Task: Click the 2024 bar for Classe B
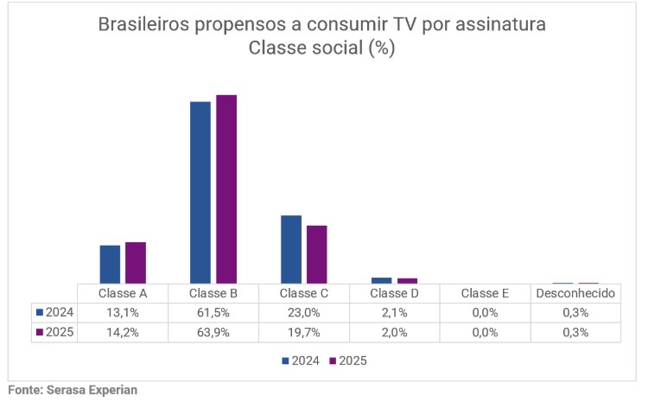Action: [200, 192]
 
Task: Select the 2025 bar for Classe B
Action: [226, 189]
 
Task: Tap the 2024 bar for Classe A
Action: [110, 264]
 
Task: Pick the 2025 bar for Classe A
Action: [136, 262]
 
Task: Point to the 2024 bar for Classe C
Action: [291, 249]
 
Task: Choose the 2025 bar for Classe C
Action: [317, 254]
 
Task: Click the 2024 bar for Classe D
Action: [381, 280]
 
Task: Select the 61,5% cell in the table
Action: [213, 312]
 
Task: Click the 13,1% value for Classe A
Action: [123, 312]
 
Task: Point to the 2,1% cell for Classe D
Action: [394, 312]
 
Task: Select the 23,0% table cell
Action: [304, 312]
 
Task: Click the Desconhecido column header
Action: [575, 293]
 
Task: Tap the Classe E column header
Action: [485, 293]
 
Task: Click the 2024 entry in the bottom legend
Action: [302, 361]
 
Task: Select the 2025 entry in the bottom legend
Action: [347, 361]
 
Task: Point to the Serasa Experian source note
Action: [73, 391]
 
